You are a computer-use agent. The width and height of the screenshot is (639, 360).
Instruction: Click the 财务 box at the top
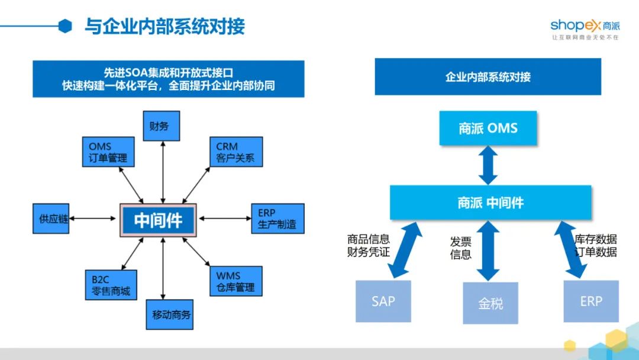[162, 126]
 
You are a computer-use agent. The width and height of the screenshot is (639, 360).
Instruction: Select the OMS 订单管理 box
[108, 152]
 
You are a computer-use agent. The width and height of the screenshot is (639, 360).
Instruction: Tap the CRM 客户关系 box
[236, 152]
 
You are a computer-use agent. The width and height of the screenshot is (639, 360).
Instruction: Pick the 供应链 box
[51, 218]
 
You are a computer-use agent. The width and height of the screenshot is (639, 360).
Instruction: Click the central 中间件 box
[158, 220]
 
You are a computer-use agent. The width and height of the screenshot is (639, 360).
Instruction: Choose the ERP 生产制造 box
[278, 218]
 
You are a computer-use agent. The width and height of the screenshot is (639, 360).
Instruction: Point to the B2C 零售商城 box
[111, 285]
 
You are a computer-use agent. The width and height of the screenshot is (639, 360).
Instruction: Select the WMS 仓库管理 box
[236, 281]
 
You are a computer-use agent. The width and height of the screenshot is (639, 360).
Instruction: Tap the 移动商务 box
[170, 315]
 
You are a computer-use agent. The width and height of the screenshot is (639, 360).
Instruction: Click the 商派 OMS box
[488, 128]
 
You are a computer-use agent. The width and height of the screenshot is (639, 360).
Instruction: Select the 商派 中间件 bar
[490, 202]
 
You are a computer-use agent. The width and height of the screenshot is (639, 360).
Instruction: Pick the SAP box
[383, 301]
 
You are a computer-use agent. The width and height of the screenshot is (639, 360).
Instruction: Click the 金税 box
[490, 303]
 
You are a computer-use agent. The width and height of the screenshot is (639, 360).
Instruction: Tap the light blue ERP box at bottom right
[591, 301]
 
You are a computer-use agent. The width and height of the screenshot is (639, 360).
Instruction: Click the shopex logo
[585, 29]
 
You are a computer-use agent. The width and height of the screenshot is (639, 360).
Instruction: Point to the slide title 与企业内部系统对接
[164, 27]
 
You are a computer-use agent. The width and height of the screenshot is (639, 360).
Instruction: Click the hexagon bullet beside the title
[65, 26]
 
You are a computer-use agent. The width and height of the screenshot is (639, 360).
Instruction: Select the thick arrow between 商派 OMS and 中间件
[488, 165]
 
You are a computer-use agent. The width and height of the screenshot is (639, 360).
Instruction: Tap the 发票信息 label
[460, 248]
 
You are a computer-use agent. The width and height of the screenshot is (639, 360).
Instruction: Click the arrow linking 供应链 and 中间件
[92, 218]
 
